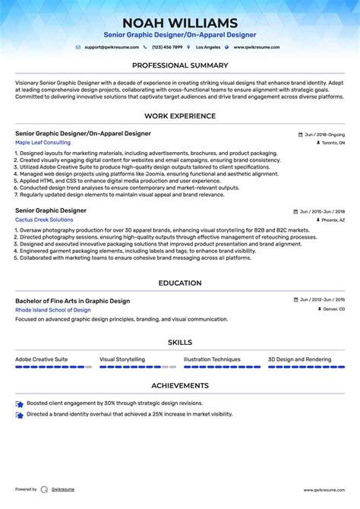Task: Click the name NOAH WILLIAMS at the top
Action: (180, 23)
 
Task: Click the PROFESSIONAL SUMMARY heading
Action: (180, 65)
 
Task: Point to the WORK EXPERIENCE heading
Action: (180, 116)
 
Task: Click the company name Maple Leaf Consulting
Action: (43, 142)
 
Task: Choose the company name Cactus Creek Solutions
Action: (44, 220)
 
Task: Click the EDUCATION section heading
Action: (180, 283)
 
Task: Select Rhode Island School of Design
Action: (52, 310)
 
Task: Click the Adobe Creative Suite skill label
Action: (41, 359)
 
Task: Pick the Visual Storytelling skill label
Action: (122, 359)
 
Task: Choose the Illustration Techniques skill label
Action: (212, 359)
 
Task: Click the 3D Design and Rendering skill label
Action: (299, 359)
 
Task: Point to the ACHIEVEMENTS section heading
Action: (180, 386)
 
